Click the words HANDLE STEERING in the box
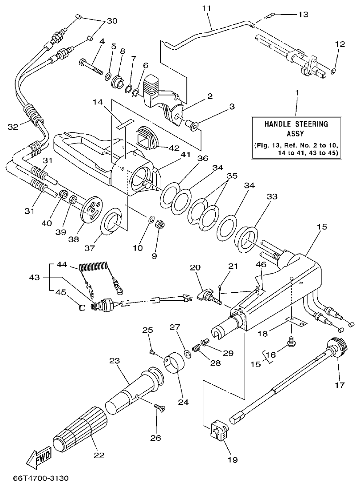tap(296, 124)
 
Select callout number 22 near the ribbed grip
tap(99, 455)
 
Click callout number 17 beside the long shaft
tap(340, 385)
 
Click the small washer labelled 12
tap(333, 70)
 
